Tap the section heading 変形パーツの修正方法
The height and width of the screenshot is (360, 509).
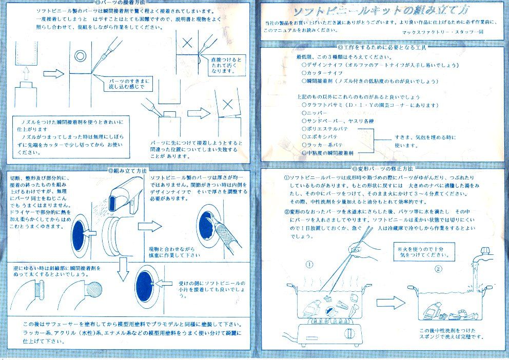(384, 168)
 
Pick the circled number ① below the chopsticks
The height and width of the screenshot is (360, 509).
(309, 265)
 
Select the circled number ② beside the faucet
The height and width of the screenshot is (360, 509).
(438, 269)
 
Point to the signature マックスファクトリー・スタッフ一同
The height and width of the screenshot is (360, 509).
(442, 32)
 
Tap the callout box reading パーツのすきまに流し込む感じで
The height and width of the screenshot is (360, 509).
(127, 84)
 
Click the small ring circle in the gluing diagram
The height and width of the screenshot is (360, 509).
(81, 55)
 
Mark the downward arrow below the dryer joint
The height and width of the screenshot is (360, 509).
(122, 270)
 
